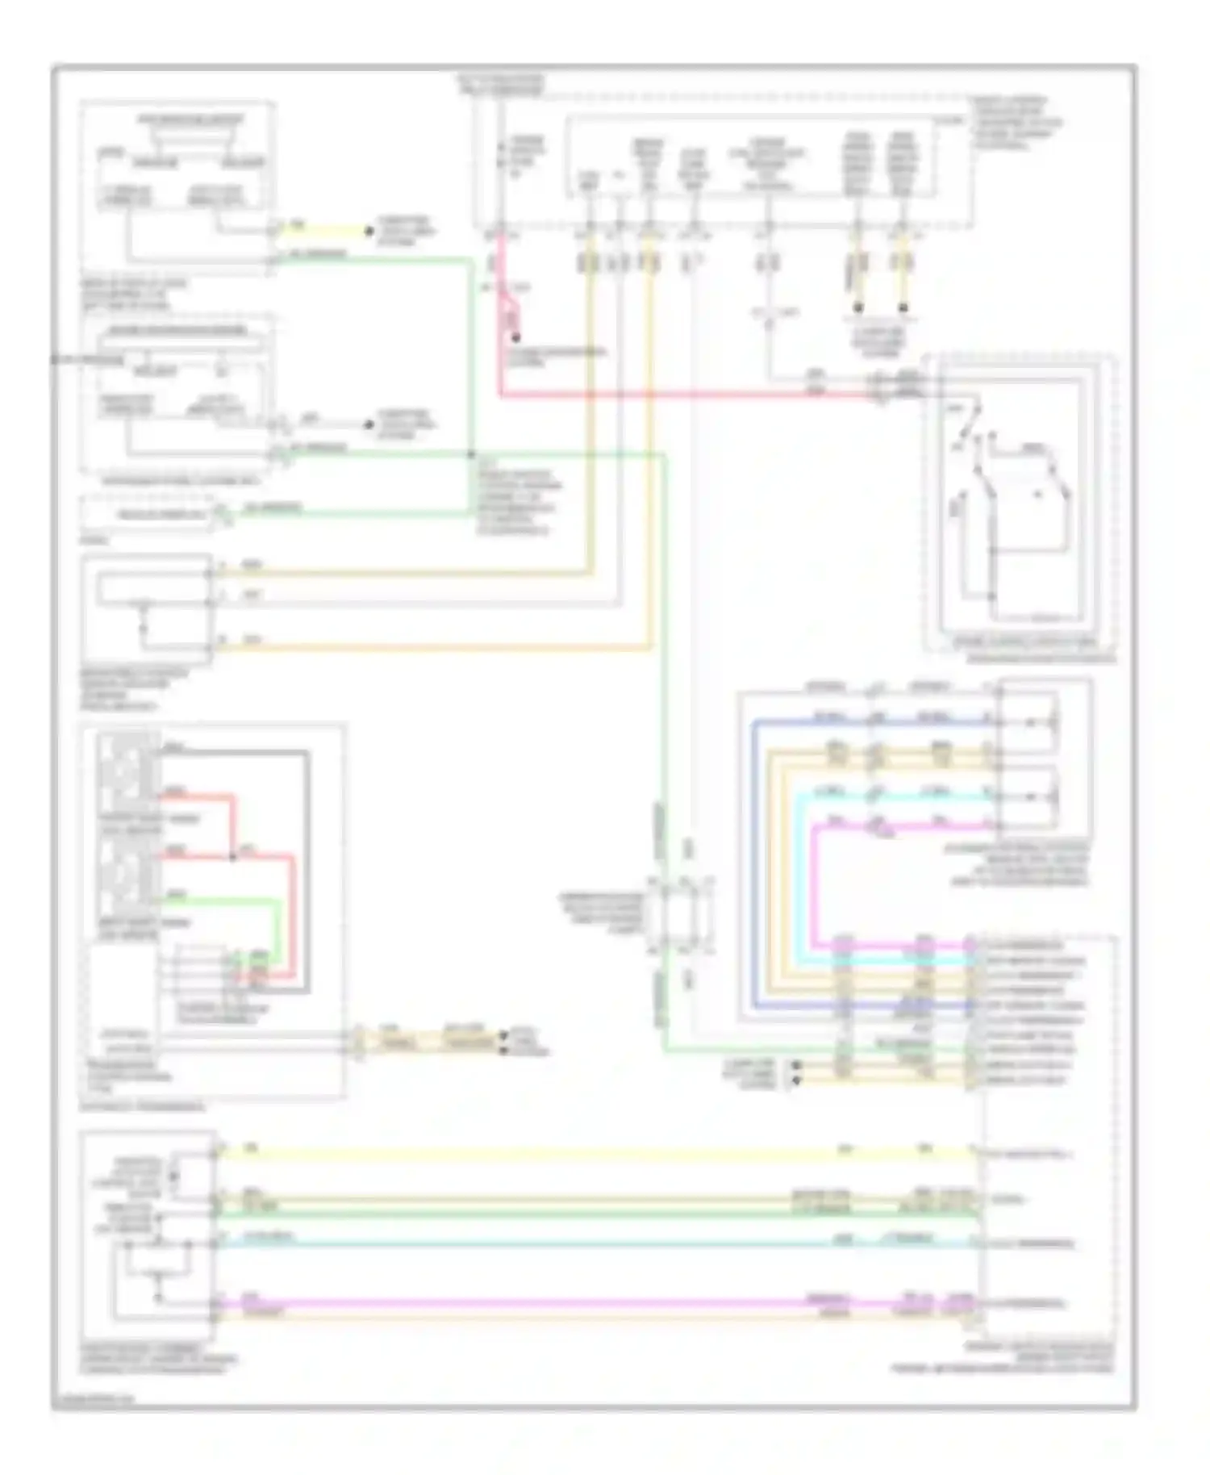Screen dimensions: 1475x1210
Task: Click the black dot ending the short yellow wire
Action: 369,232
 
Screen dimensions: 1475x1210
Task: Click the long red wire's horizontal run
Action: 686,395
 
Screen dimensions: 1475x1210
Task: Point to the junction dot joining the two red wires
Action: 233,856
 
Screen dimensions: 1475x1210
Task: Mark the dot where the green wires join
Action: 471,455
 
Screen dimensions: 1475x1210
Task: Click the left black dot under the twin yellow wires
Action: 858,307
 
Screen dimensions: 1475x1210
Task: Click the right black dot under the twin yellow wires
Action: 903,307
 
